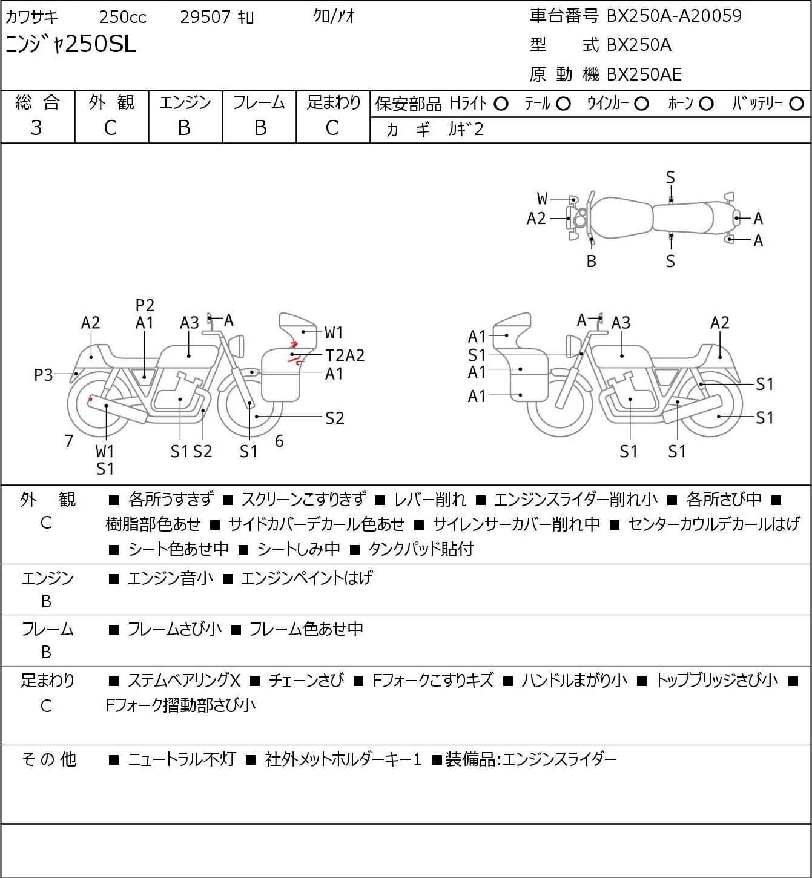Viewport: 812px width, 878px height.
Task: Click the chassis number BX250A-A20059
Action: pos(674,16)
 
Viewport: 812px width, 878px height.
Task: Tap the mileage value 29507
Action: pos(205,17)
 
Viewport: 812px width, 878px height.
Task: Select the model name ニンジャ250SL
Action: pos(71,44)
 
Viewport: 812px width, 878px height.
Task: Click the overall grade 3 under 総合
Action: pos(36,128)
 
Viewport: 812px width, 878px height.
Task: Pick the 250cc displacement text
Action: pos(122,17)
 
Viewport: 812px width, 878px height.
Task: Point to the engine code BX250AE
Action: pos(644,74)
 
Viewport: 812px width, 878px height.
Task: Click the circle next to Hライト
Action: pos(501,104)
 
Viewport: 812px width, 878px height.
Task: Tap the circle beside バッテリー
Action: pos(796,104)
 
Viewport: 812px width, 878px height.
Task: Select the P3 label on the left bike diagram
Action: pos(44,375)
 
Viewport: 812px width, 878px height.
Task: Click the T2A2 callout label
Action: pos(345,355)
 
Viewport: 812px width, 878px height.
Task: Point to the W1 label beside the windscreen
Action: pos(334,332)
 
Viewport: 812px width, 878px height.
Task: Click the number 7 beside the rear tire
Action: pos(68,441)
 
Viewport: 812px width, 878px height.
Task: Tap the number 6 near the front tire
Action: pos(279,441)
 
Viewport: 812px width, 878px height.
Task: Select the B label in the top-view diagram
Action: pos(592,261)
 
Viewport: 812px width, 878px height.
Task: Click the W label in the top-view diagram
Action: pos(542,199)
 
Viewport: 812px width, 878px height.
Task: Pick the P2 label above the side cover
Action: pos(145,305)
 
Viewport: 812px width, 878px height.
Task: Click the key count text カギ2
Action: pos(466,130)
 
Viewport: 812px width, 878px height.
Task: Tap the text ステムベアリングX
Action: pos(184,681)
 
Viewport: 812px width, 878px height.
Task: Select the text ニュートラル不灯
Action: pos(182,759)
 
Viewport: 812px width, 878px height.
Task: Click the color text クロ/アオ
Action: pos(334,17)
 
